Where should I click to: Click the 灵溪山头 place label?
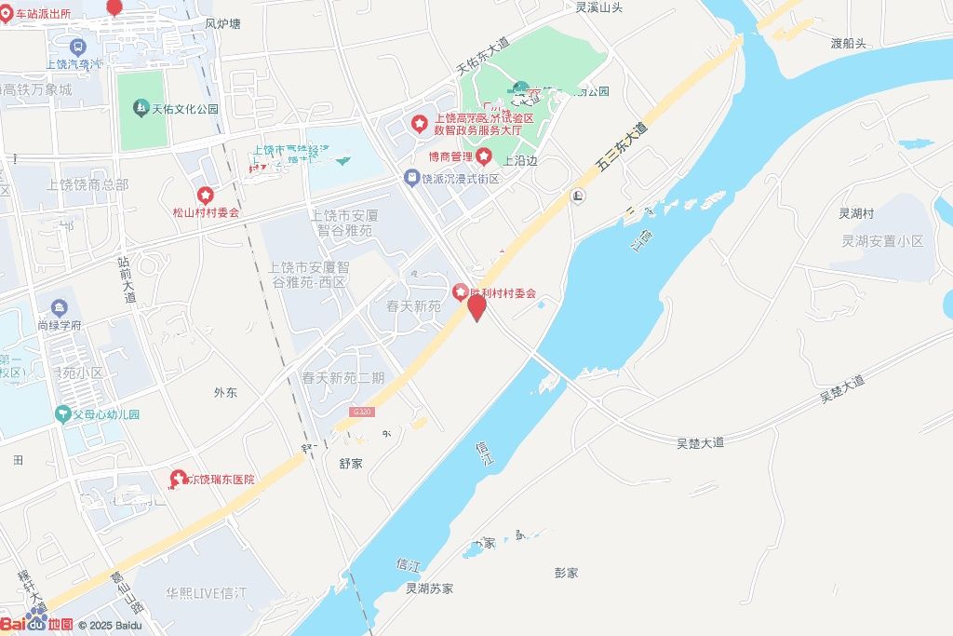598,7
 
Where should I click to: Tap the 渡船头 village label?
848,43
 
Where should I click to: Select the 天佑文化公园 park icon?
140,108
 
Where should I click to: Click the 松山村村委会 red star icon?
205,196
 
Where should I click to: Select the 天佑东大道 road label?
483,56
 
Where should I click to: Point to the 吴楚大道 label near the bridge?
700,443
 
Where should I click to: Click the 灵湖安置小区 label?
882,241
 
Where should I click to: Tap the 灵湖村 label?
856,213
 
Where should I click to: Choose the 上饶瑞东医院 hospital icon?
176,480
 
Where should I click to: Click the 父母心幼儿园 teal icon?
63,413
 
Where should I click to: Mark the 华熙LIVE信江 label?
206,593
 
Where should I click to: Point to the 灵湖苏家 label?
429,589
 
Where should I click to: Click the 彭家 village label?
566,573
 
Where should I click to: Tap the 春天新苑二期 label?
342,378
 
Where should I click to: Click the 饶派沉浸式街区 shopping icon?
411,177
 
